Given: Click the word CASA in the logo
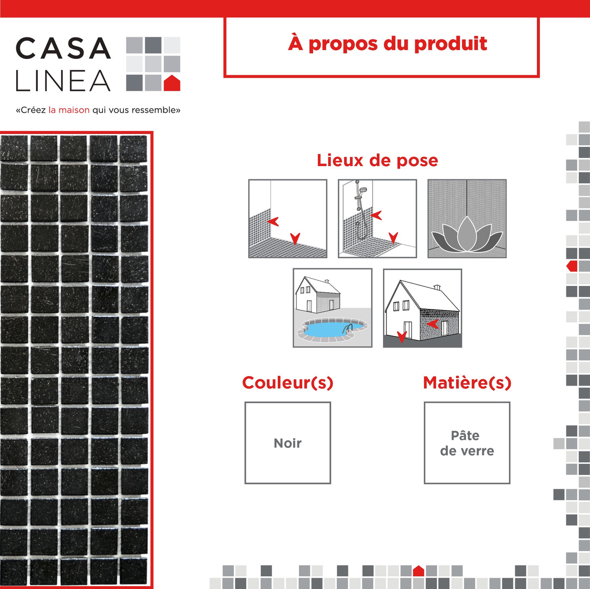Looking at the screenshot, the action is [x=63, y=48].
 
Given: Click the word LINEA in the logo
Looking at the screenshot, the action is [x=63, y=80].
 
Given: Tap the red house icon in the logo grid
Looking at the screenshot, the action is [x=172, y=83].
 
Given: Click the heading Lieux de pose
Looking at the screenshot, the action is [x=377, y=161].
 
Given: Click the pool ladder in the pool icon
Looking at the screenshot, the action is [x=348, y=329].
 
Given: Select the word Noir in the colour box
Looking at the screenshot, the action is [x=288, y=443].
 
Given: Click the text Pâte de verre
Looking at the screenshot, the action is [x=467, y=443].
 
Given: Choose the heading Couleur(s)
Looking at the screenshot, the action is [x=288, y=383].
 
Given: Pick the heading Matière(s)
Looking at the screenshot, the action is [x=467, y=383].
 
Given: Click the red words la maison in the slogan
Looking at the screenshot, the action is [x=69, y=110].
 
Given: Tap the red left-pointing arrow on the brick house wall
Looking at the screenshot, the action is [x=433, y=324].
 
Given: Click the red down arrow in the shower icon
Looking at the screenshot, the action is [x=393, y=237].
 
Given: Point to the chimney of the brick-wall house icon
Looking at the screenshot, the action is [x=437, y=287].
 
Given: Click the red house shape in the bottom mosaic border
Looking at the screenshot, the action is [x=418, y=571].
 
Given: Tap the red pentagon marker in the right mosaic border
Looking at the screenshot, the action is [x=572, y=266].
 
